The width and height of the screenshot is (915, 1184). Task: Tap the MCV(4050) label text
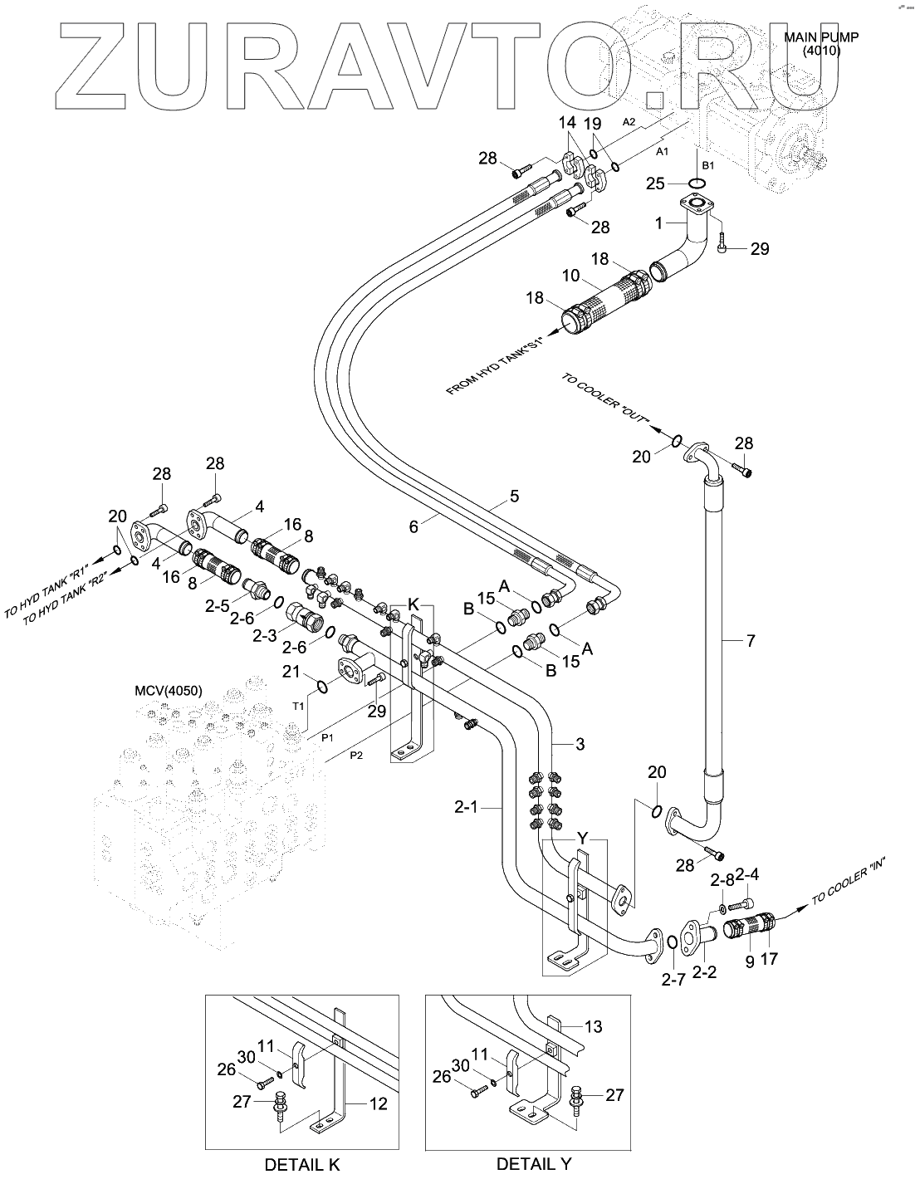coord(169,691)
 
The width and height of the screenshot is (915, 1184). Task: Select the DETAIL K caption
coord(302,1164)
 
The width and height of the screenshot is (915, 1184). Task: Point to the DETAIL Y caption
coord(534,1164)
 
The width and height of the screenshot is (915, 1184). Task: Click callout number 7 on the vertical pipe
coord(751,640)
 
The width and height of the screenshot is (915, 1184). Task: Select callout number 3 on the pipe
coord(580,744)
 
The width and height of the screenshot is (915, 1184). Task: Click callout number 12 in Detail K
coord(378,1104)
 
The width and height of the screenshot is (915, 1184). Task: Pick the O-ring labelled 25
coord(697,183)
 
